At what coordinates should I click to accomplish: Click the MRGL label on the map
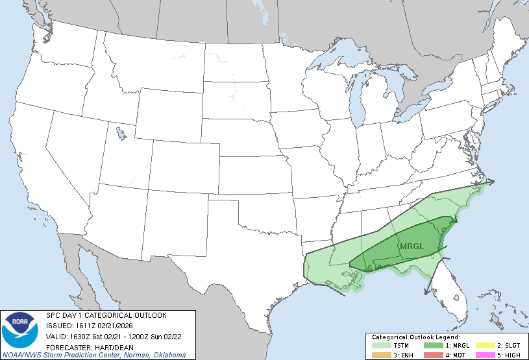coord(411,246)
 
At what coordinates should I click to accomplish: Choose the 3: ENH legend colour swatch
coord(380,355)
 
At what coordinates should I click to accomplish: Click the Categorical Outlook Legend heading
coord(415,338)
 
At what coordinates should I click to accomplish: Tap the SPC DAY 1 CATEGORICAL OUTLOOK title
coord(106,315)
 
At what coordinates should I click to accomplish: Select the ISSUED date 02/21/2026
coord(119,326)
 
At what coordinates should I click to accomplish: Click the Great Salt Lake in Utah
coord(121,134)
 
